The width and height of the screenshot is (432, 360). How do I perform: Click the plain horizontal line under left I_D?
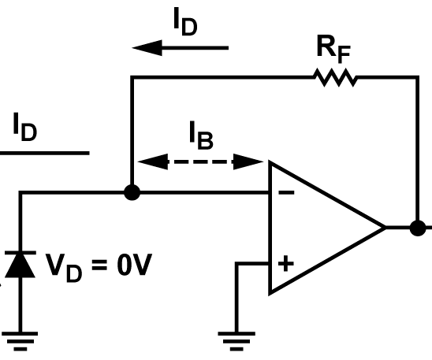point(44,152)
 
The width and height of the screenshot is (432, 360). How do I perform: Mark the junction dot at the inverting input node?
point(132,191)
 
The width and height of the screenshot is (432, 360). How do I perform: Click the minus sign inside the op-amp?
point(285,191)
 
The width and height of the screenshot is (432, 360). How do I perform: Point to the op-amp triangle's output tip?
point(384,228)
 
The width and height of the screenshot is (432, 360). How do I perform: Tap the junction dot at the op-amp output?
point(416,228)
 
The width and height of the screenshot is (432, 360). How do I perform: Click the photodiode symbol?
point(20,264)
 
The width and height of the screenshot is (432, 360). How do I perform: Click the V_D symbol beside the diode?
point(62,267)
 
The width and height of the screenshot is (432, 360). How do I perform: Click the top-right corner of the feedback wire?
point(416,77)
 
